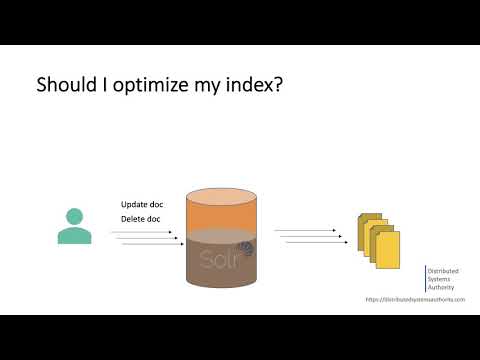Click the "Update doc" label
[142, 205]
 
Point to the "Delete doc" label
[141, 220]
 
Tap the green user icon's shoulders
[73, 234]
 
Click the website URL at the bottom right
[415, 300]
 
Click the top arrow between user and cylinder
[140, 231]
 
